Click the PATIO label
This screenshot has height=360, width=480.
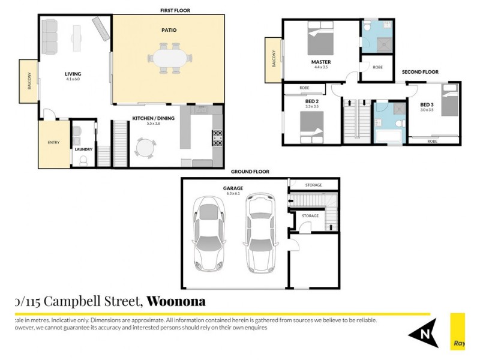tap(169, 29)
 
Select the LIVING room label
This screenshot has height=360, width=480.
tap(73, 74)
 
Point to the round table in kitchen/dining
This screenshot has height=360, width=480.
tap(145, 147)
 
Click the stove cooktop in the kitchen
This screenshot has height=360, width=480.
tap(217, 138)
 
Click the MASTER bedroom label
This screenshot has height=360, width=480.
tap(321, 62)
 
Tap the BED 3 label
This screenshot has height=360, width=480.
tap(427, 105)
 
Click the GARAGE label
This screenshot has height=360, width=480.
tap(233, 188)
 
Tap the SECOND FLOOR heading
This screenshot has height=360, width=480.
tap(420, 72)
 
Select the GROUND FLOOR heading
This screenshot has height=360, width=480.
tap(250, 172)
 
